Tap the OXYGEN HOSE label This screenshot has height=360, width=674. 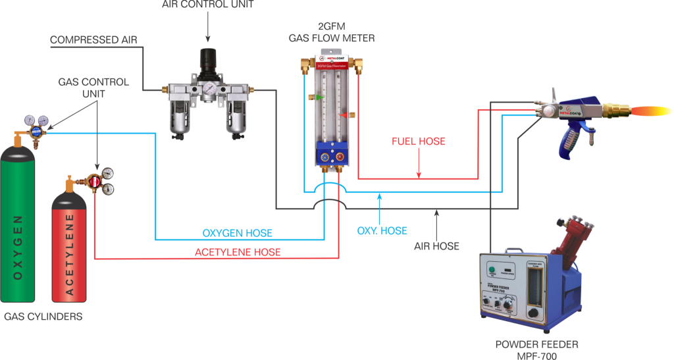click(x=237, y=233)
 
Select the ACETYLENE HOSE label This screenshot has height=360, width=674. click(x=238, y=252)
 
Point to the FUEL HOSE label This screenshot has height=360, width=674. click(x=419, y=141)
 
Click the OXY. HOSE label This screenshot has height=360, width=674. click(x=382, y=230)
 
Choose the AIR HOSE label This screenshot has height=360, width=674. click(x=436, y=245)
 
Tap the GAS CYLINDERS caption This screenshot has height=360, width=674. click(x=43, y=317)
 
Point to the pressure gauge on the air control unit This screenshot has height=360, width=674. click(x=209, y=88)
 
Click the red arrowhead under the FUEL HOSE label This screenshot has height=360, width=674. click(x=419, y=174)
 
